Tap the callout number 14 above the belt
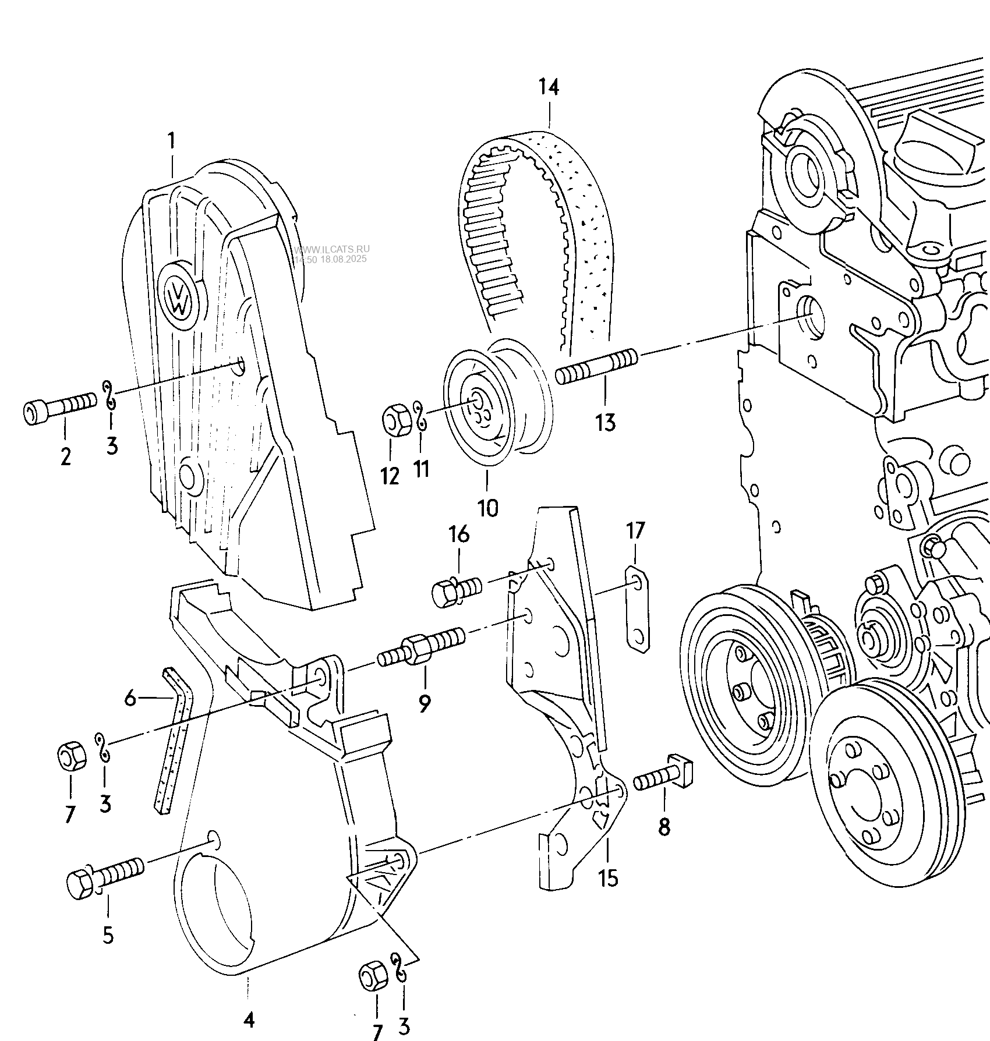549,87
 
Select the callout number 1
171,141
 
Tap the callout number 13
605,422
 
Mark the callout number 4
249,1019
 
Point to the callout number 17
635,531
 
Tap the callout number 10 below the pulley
487,508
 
